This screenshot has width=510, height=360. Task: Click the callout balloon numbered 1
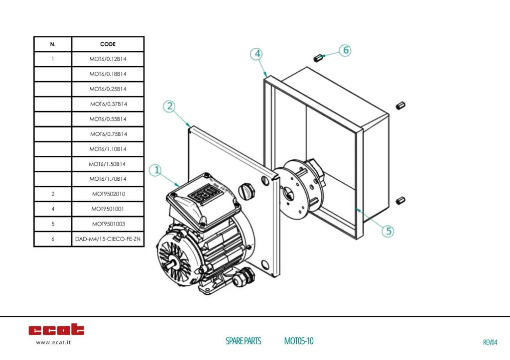[156, 171]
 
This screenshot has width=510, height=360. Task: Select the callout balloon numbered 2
[170, 106]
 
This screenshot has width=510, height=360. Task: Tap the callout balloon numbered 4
[256, 54]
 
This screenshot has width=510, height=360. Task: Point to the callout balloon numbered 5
[388, 231]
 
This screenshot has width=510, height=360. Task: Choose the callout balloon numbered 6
[346, 50]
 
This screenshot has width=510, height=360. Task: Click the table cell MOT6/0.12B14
[108, 59]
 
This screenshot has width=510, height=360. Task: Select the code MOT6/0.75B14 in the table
[108, 134]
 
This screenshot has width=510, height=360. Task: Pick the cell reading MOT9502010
[108, 194]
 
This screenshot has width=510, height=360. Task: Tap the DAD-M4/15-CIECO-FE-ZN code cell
[108, 239]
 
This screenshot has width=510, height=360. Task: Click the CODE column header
[108, 44]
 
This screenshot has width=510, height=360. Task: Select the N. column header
[53, 44]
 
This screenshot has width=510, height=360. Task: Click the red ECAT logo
[56, 330]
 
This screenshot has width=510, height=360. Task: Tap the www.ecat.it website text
[53, 343]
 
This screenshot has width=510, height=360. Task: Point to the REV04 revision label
[490, 342]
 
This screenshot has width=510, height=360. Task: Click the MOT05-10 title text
[299, 341]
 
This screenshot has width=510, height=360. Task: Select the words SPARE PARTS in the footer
[243, 341]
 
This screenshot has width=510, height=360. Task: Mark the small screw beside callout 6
[318, 58]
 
